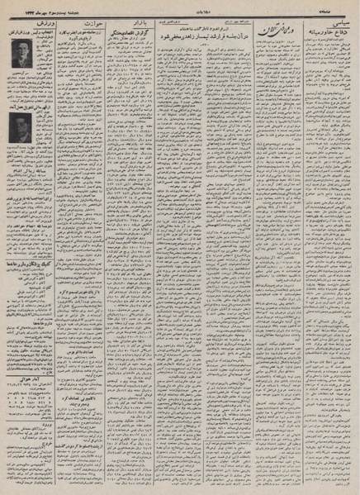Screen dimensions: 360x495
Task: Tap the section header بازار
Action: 145,18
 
